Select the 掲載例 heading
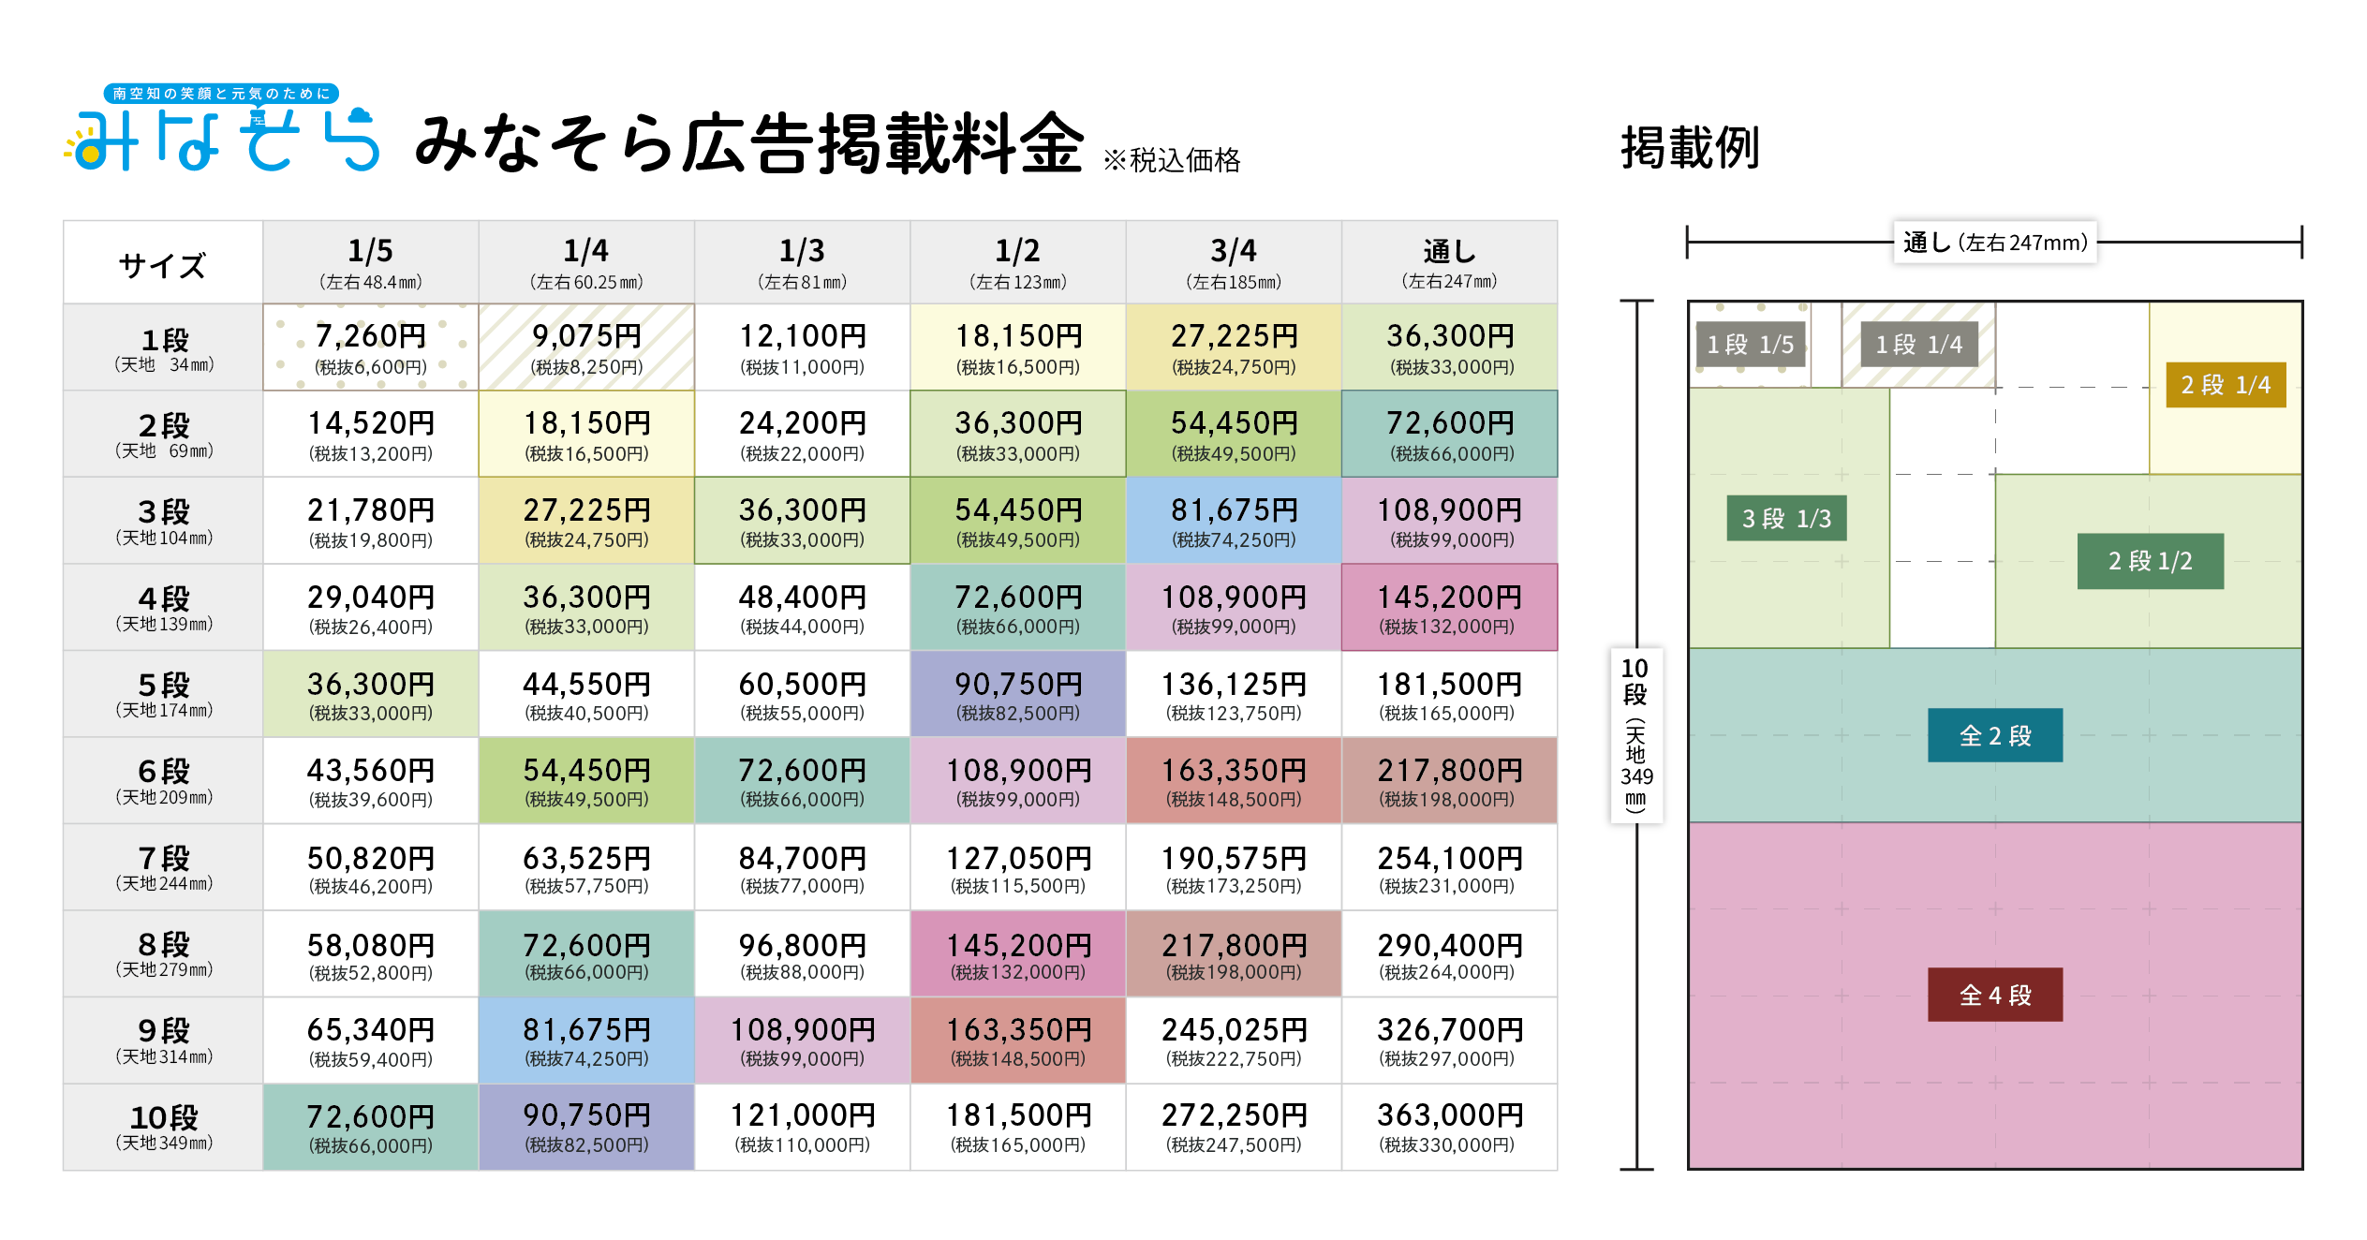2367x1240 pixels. [1691, 148]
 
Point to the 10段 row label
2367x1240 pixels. [164, 1127]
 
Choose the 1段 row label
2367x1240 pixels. [164, 347]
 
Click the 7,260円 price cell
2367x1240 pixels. [371, 347]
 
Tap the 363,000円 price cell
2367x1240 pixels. [1449, 1127]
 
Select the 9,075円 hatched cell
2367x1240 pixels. [586, 347]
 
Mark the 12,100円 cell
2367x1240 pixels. [803, 347]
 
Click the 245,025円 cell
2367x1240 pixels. [1234, 1041]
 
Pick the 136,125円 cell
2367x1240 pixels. [1234, 694]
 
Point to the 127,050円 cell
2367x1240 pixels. [1018, 867]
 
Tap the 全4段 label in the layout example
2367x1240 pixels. [1995, 995]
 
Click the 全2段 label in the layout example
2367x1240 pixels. [1995, 736]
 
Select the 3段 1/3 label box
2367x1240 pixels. [1786, 519]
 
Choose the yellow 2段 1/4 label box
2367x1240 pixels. [2226, 385]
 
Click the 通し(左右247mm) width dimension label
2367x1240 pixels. [1995, 243]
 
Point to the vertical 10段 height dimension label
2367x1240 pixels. [1636, 736]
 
